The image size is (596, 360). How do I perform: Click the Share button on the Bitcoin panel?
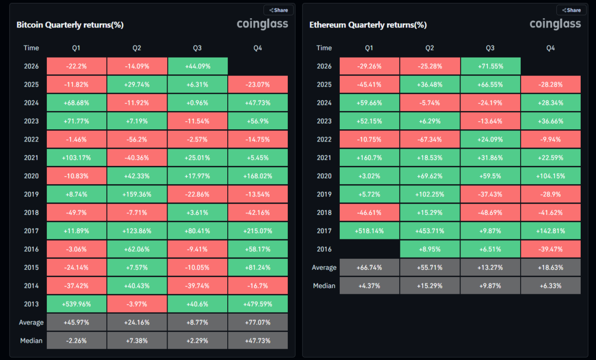click(x=279, y=10)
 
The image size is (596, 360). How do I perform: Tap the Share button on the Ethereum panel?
click(x=571, y=10)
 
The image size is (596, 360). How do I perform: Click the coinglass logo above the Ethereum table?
click(x=555, y=24)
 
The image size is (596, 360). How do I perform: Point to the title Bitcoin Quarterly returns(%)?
click(x=70, y=25)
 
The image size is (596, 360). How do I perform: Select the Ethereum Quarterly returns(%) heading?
click(x=368, y=25)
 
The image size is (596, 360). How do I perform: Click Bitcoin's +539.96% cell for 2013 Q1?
click(x=76, y=304)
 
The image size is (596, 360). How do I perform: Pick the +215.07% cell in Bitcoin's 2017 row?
click(x=258, y=231)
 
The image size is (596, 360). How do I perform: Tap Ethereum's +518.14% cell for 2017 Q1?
click(x=369, y=231)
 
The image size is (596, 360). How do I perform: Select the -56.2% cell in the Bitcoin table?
click(x=137, y=140)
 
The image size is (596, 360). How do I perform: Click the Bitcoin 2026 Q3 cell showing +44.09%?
click(x=197, y=66)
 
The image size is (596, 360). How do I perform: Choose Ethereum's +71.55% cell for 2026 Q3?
click(x=490, y=66)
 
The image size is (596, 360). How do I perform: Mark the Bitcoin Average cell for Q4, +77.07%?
click(x=258, y=322)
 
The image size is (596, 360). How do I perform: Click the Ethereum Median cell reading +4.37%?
click(x=369, y=286)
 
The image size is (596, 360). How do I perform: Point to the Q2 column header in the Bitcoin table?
click(x=137, y=48)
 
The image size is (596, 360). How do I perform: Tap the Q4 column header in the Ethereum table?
click(x=550, y=48)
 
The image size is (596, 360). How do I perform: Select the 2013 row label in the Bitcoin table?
click(x=31, y=304)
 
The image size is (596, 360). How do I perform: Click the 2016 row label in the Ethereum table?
click(x=324, y=249)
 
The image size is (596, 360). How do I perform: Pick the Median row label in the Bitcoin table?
click(x=31, y=341)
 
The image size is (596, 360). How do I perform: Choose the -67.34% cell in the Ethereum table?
click(x=429, y=140)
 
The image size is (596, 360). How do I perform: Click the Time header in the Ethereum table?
click(x=324, y=48)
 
